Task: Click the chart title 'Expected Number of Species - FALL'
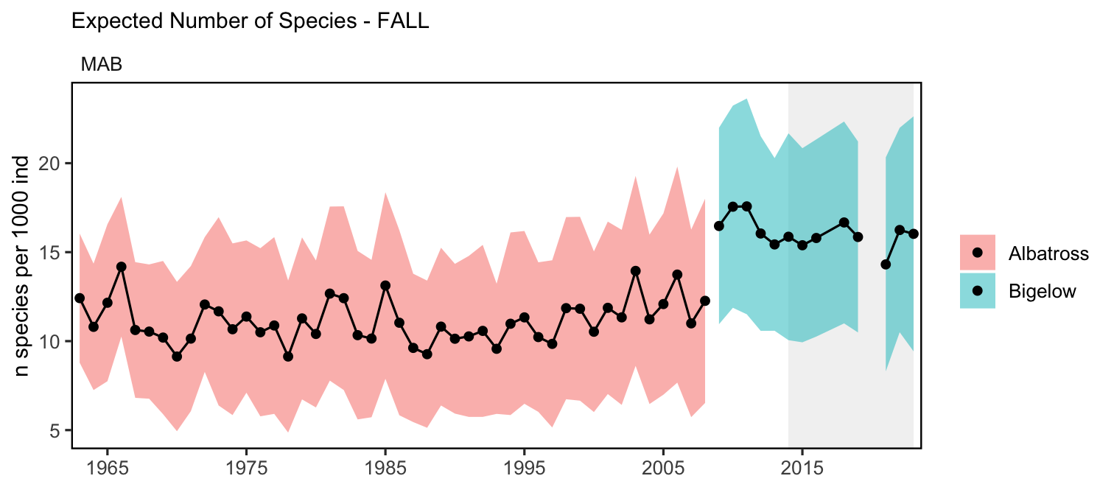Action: click(x=251, y=21)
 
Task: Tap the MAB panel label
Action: click(x=102, y=65)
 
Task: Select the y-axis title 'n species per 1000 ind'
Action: click(x=21, y=266)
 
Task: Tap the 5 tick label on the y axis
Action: click(x=55, y=430)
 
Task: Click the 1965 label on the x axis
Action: click(x=107, y=468)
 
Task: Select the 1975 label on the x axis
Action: click(x=246, y=468)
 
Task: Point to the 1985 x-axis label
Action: click(x=385, y=468)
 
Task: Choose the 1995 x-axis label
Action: click(x=524, y=468)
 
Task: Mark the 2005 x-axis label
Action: click(x=663, y=468)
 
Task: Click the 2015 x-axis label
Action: click(x=802, y=468)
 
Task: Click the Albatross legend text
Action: click(x=1048, y=253)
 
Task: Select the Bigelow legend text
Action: click(x=1042, y=292)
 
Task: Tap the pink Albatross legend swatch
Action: click(x=977, y=253)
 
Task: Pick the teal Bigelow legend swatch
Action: click(x=977, y=290)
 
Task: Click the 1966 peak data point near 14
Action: click(x=122, y=267)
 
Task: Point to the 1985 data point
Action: click(x=385, y=286)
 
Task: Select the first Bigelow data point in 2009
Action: click(x=718, y=226)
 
